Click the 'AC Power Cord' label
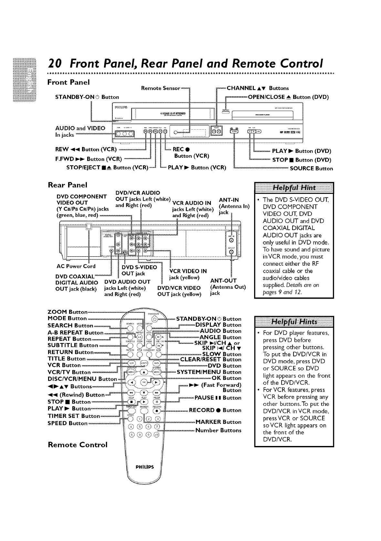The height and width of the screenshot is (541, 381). (x=76, y=266)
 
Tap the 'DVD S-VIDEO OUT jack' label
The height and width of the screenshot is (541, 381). (x=139, y=270)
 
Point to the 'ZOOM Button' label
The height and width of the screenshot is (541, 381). (x=67, y=312)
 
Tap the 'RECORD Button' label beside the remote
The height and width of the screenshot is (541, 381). (x=215, y=410)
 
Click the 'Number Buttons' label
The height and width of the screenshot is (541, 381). (x=218, y=430)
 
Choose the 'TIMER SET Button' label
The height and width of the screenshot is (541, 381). (x=74, y=416)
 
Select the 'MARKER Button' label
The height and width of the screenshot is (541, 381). (x=218, y=422)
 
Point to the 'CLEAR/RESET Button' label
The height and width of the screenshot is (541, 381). (x=211, y=359)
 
